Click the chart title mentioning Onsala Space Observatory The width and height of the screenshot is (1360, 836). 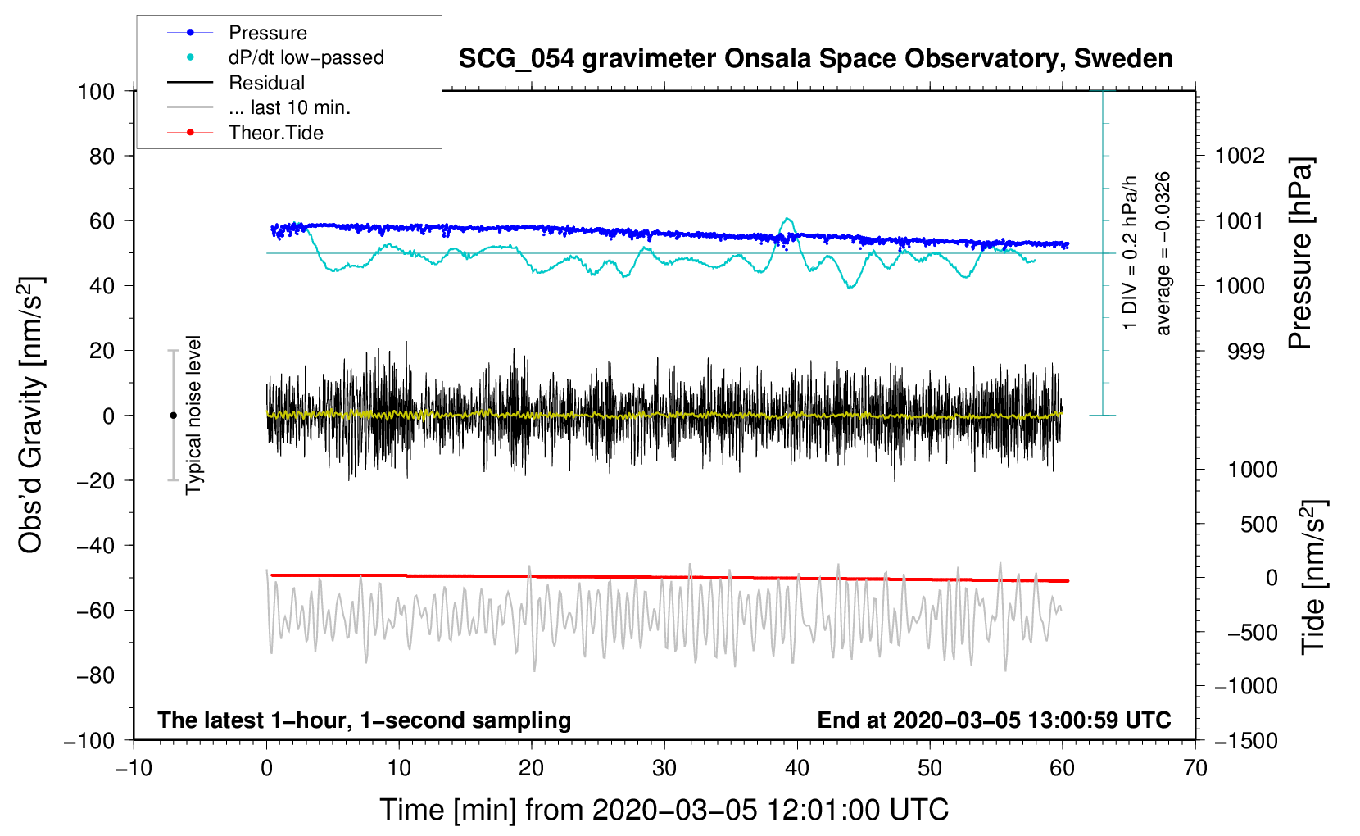(x=815, y=59)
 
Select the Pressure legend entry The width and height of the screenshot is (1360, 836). (x=267, y=33)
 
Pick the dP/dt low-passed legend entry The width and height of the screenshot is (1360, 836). (x=306, y=57)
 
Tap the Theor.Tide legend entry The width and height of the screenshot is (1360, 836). (x=275, y=133)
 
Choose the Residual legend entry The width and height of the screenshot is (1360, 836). (x=266, y=83)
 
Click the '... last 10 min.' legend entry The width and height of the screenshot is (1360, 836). (x=289, y=107)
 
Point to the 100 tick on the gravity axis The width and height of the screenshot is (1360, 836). (x=96, y=91)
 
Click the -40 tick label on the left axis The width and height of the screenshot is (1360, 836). (x=96, y=545)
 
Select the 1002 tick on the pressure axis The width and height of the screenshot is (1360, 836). (x=1240, y=156)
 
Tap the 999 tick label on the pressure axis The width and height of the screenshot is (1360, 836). (x=1246, y=351)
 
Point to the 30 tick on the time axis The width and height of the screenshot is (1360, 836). (x=664, y=768)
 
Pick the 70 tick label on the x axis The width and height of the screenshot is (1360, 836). (x=1195, y=768)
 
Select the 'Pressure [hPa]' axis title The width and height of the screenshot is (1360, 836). (x=1300, y=254)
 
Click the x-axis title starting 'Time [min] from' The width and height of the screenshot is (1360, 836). (x=664, y=810)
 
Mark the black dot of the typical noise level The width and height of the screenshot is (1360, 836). (x=173, y=416)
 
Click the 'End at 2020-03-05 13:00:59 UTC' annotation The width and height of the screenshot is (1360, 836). (x=994, y=720)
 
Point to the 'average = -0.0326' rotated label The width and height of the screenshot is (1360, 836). (x=1163, y=253)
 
